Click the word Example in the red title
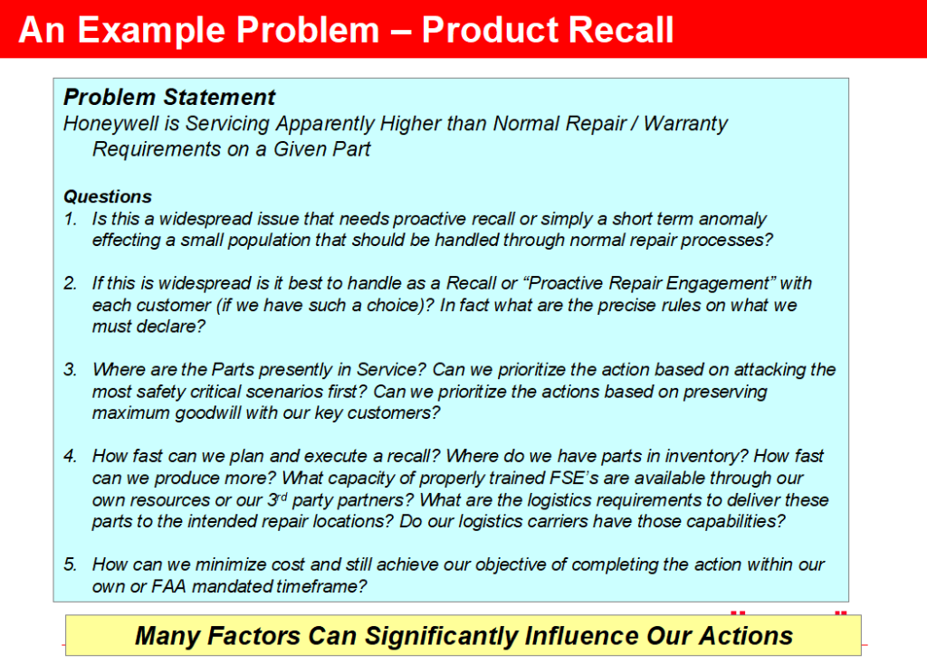(152, 31)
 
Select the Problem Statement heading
(169, 97)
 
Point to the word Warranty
(686, 124)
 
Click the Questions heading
(107, 196)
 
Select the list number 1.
(71, 219)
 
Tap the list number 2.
(71, 283)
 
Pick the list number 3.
(71, 370)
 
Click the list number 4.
(71, 456)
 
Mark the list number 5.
(71, 564)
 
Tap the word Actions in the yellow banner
(746, 636)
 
